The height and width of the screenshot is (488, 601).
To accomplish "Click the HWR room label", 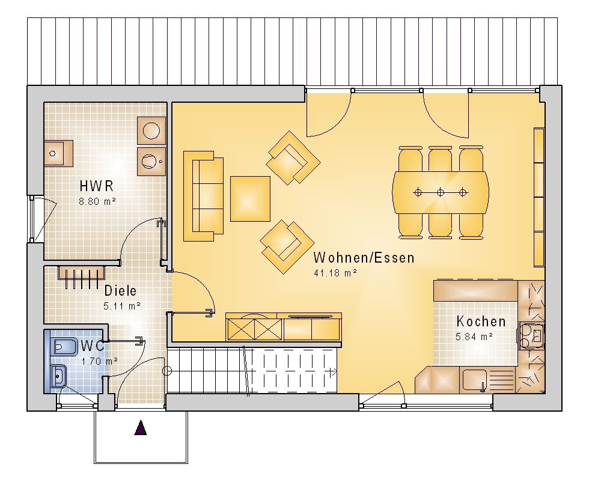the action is click(97, 186).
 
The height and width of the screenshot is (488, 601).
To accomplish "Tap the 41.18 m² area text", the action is click(335, 273).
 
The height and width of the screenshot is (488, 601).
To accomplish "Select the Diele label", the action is click(120, 291).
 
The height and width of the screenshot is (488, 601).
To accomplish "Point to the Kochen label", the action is click(481, 322).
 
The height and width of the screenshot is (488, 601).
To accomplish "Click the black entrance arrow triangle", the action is click(141, 428).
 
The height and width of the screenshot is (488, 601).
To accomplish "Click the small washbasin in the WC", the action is click(59, 376).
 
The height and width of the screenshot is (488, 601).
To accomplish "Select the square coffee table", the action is click(250, 198).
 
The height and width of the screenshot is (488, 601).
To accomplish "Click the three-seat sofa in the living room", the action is click(203, 196).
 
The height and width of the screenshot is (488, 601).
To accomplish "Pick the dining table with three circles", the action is click(441, 192).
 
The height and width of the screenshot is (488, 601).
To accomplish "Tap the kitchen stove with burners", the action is click(531, 336).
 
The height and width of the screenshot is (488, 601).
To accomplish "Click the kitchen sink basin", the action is click(474, 379).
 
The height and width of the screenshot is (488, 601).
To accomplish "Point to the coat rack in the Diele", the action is click(81, 277).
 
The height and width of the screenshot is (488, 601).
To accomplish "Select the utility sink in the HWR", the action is click(58, 153).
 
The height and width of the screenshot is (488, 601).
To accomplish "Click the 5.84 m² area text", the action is click(474, 337).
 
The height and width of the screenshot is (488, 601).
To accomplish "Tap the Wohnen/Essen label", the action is click(364, 258).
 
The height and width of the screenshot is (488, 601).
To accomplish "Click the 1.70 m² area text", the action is click(99, 361).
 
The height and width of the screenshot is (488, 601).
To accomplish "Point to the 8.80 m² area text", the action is click(97, 201).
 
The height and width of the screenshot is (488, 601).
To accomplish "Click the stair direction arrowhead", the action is click(334, 372).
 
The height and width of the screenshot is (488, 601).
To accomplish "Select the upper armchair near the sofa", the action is click(293, 158).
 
